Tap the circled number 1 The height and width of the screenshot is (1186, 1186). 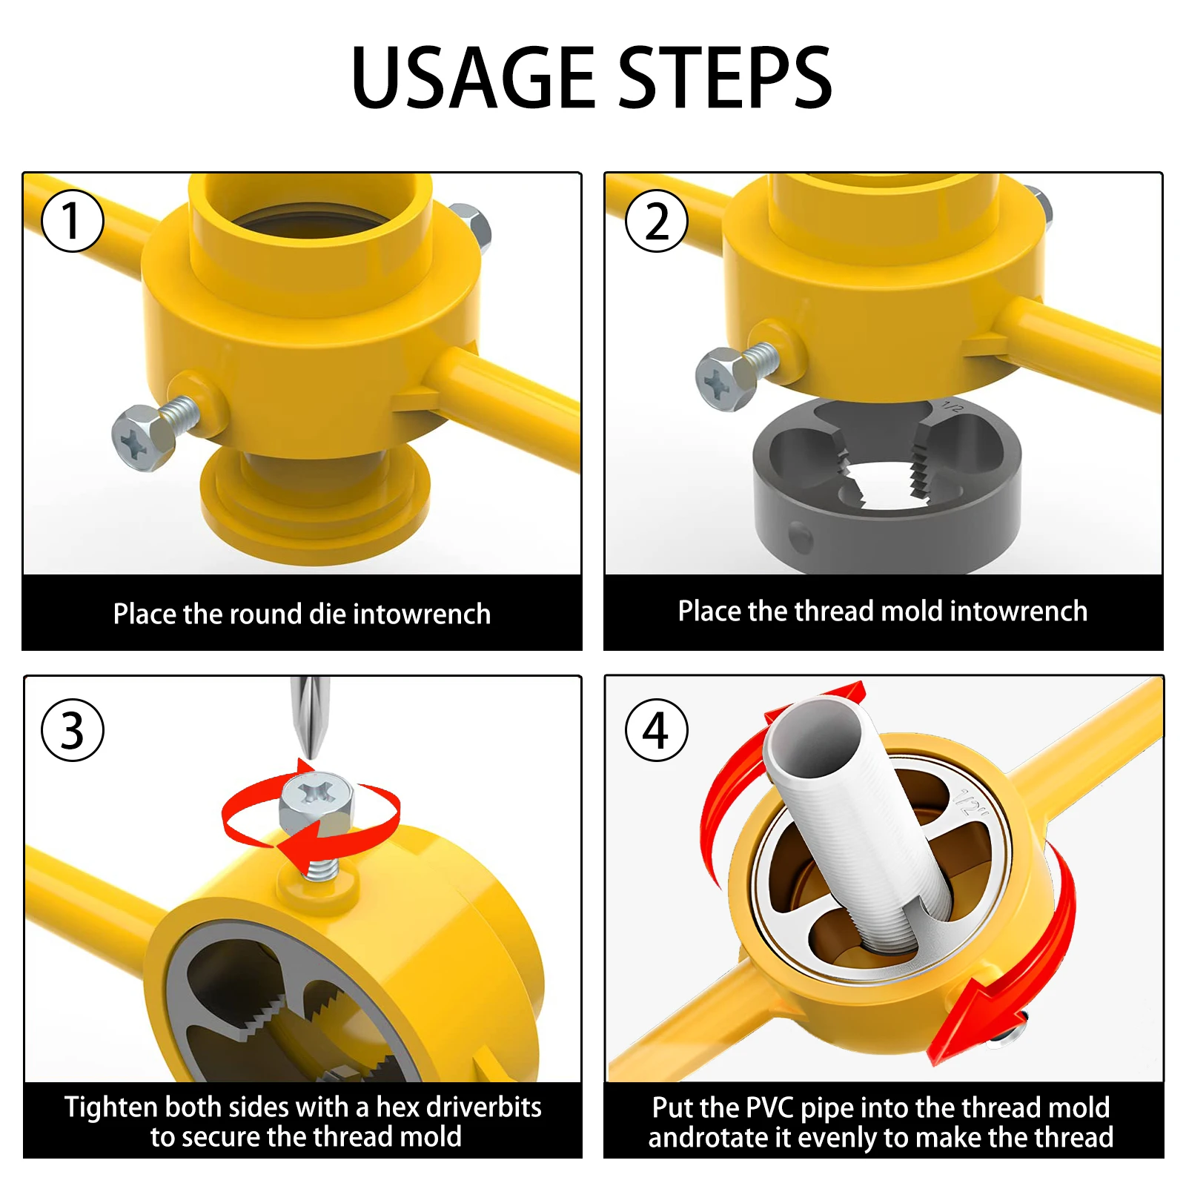tap(72, 221)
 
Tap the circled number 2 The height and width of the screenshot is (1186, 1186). tap(657, 221)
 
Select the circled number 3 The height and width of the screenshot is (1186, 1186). tap(72, 730)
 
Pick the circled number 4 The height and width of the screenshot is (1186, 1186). tap(657, 730)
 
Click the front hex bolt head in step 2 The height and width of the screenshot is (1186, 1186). tap(725, 380)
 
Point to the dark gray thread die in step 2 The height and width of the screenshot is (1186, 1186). tap(887, 486)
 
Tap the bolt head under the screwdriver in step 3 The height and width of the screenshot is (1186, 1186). tap(317, 804)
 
